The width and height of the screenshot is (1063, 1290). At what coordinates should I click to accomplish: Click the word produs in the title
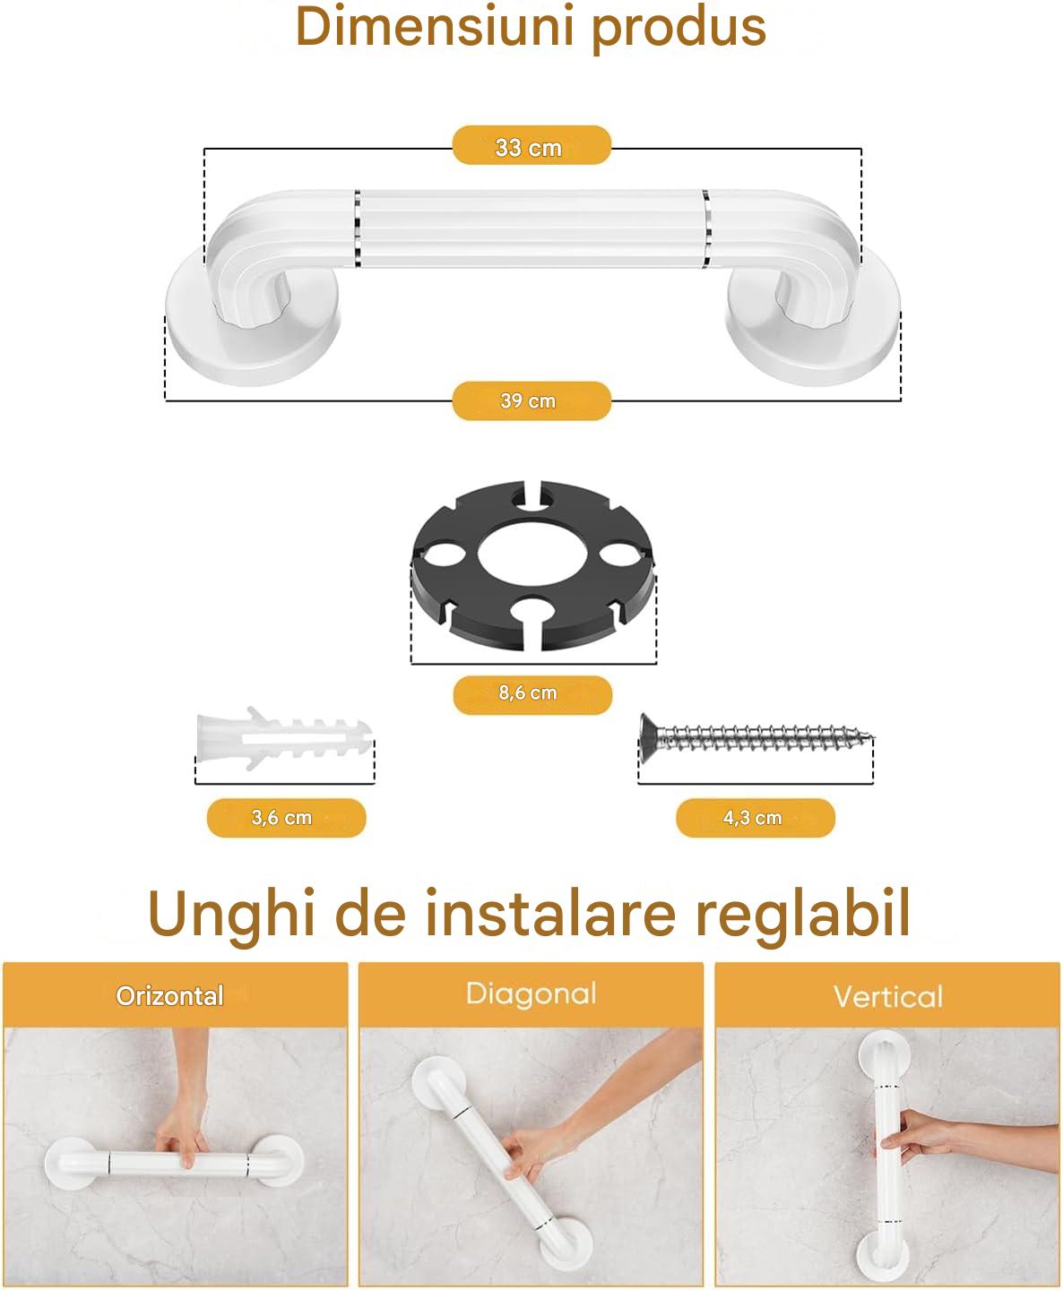[x=679, y=30]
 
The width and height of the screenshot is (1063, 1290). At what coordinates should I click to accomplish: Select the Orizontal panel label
[x=170, y=996]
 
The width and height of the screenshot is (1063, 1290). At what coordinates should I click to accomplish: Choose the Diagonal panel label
[x=531, y=994]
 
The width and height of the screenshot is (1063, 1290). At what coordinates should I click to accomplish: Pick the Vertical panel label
[x=887, y=996]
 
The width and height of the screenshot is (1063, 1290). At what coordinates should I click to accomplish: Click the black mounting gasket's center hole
[x=532, y=555]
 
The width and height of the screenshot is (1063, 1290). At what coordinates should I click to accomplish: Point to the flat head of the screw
[x=646, y=737]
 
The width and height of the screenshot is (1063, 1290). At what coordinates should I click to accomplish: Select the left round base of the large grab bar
[x=254, y=328]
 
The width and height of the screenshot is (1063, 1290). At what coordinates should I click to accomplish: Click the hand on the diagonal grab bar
[x=532, y=1147]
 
